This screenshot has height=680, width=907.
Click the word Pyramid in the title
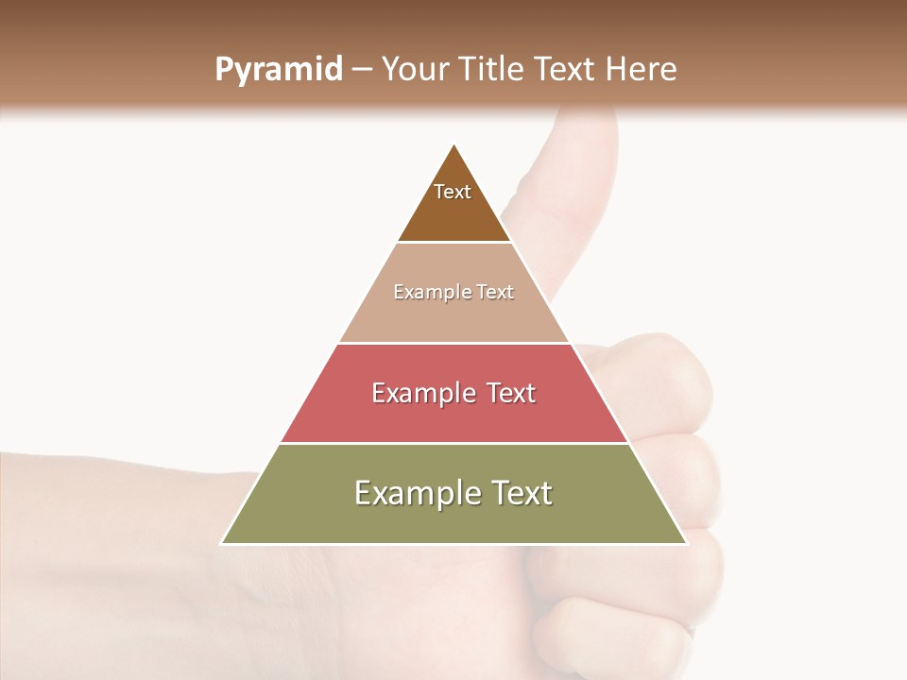pyautogui.click(x=279, y=70)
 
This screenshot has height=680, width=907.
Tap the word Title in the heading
pyautogui.click(x=491, y=70)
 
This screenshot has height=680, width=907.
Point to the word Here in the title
pyautogui.click(x=641, y=70)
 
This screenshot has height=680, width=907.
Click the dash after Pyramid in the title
pyautogui.click(x=362, y=70)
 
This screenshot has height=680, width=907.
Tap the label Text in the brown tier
pyautogui.click(x=453, y=192)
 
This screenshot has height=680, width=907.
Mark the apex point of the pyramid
pyautogui.click(x=454, y=144)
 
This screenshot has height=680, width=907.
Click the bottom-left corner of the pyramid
pyautogui.click(x=221, y=544)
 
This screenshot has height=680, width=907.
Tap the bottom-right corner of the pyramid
pyautogui.click(x=687, y=544)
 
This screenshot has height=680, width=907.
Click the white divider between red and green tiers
pyautogui.click(x=454, y=443)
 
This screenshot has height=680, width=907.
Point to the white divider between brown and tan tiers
pyautogui.click(x=454, y=243)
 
